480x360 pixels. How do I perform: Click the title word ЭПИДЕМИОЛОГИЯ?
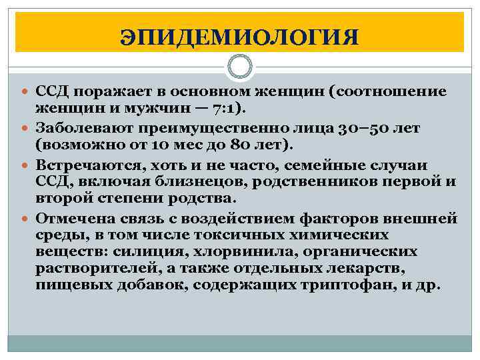239,35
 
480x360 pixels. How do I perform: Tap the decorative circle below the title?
240,67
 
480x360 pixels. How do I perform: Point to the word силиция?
143,252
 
